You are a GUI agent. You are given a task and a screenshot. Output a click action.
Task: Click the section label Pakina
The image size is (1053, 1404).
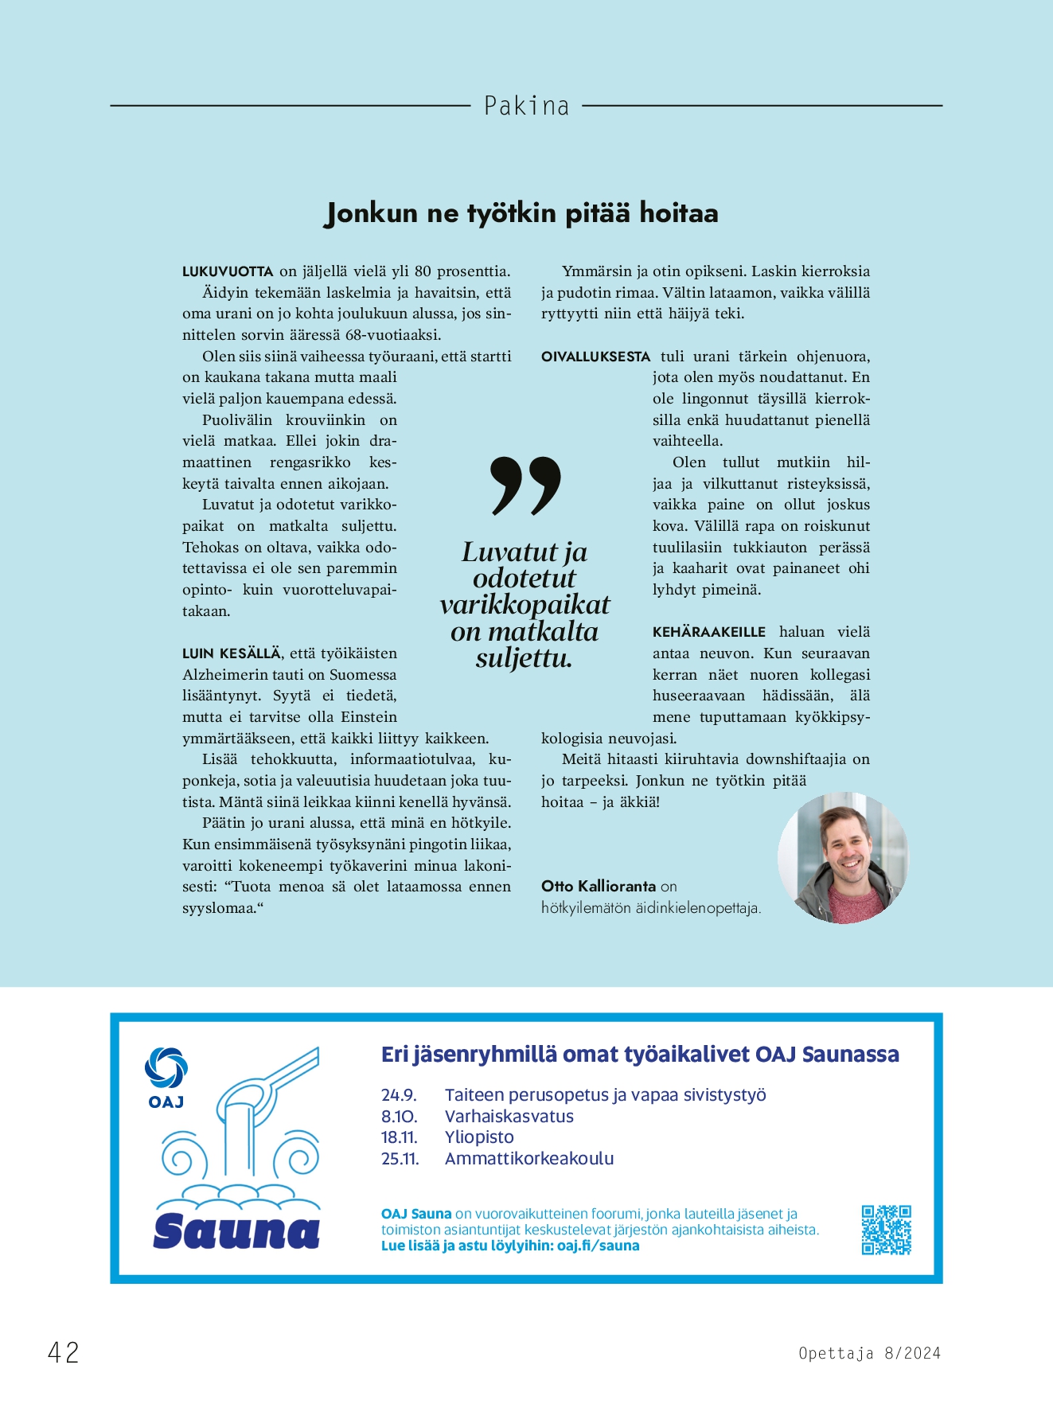[x=526, y=106]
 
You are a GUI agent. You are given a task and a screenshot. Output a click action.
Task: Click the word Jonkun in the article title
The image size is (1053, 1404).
[x=372, y=213]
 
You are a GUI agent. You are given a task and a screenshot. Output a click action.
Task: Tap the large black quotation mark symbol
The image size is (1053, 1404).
[x=525, y=485]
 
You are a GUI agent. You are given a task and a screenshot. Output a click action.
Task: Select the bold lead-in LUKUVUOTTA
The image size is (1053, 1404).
[x=228, y=271]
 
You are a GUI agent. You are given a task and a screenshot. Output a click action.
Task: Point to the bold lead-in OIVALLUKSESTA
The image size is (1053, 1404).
[x=595, y=357]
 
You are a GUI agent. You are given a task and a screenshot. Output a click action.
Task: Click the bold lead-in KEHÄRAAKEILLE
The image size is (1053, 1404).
[x=708, y=632]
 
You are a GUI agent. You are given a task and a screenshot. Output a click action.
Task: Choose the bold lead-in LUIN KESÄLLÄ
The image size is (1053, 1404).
[x=231, y=653]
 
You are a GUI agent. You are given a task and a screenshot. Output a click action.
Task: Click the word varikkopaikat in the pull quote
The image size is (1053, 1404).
[x=525, y=605]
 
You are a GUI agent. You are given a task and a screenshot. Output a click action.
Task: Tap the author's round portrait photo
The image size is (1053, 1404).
[x=843, y=858]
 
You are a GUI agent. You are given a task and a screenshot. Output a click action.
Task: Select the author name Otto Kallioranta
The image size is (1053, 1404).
[x=599, y=886]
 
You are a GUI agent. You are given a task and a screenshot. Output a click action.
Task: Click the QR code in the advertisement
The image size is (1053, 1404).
[x=886, y=1230]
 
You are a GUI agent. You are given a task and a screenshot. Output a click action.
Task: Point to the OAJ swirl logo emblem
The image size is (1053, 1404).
[x=166, y=1067]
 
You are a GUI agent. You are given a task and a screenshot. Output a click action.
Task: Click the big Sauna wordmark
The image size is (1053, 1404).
[x=236, y=1231]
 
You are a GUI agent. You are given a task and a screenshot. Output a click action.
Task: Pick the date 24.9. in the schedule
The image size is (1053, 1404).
[x=399, y=1095]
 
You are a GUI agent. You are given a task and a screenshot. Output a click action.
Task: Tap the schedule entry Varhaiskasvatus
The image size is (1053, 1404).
[x=509, y=1117]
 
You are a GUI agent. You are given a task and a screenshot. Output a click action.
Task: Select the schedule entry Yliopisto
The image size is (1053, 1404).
[x=479, y=1137]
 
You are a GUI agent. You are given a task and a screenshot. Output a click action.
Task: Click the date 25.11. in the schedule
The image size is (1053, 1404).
[x=400, y=1159]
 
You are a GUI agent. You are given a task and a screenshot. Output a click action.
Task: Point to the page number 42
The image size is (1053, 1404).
[x=64, y=1352]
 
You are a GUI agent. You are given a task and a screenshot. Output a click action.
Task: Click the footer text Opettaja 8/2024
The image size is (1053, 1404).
[x=869, y=1353]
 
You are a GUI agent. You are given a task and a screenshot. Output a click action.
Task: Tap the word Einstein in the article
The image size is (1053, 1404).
[x=369, y=717]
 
